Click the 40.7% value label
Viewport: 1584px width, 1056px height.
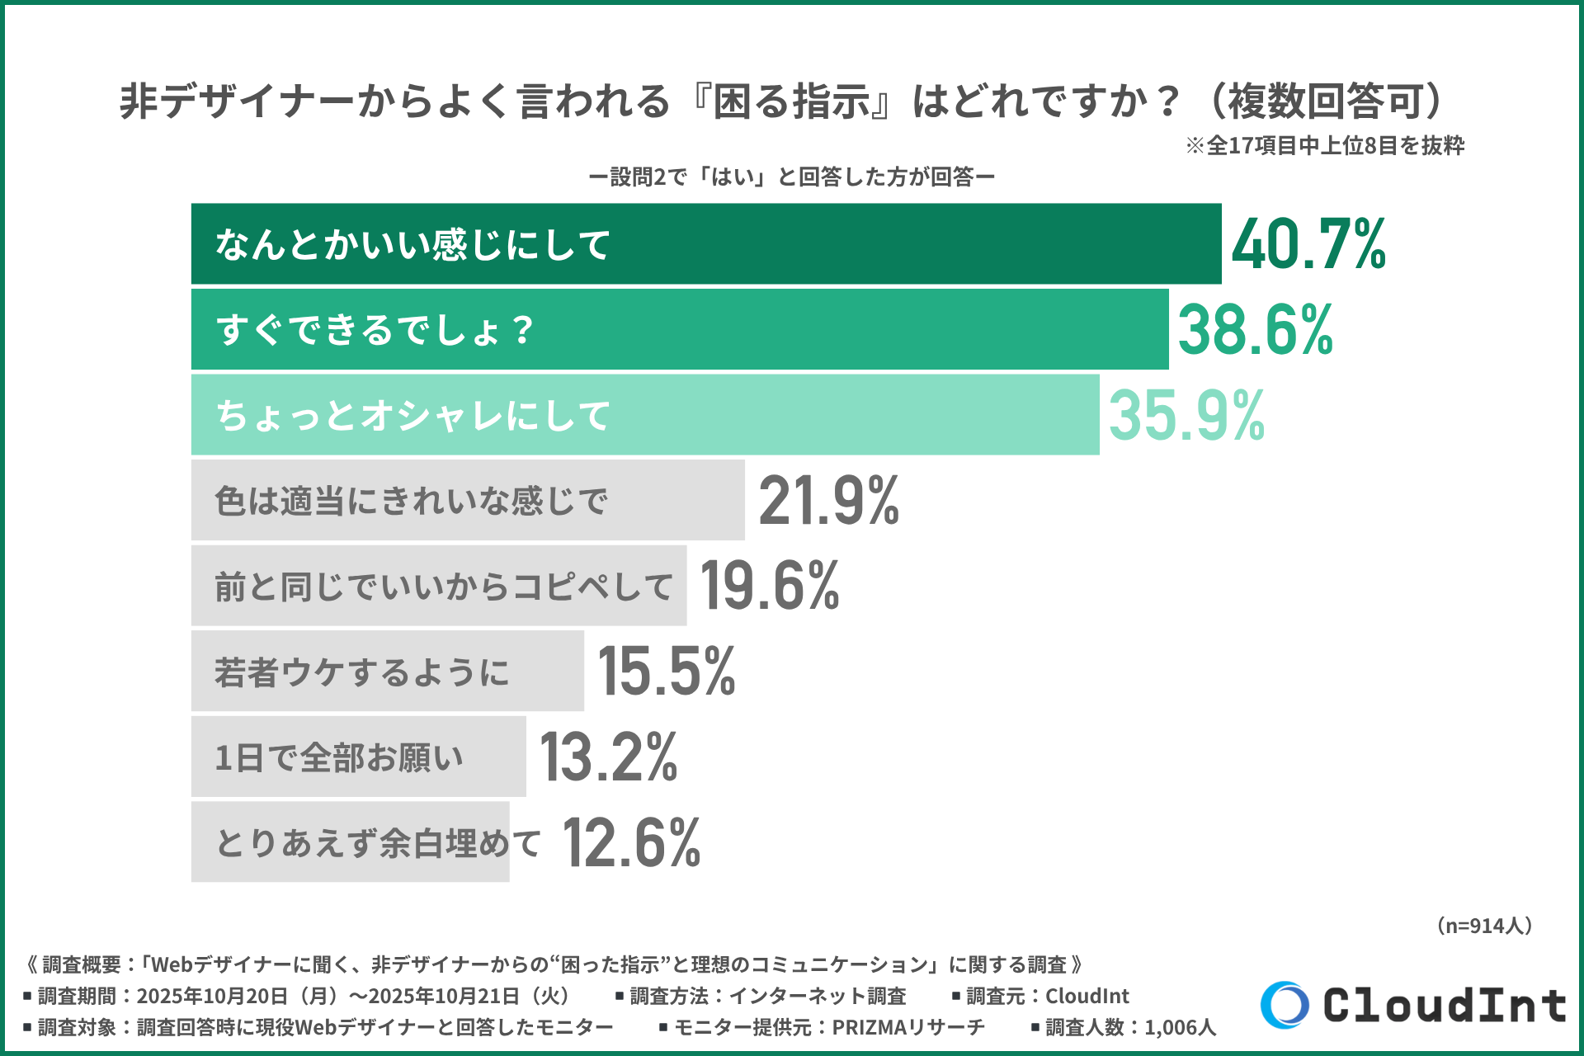pos(1308,244)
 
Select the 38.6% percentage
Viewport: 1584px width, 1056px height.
pos(1255,330)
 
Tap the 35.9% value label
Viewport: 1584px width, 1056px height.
pos(1186,415)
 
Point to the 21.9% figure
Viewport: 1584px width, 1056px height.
pos(828,501)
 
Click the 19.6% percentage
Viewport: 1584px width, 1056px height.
pos(770,586)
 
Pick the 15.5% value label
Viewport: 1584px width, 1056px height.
pos(667,672)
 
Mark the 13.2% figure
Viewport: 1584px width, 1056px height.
pos(609,757)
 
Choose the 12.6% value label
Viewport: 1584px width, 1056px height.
pos(632,842)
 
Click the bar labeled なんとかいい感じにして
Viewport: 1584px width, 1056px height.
pos(705,244)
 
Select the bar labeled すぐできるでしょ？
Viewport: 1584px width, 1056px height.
pos(679,330)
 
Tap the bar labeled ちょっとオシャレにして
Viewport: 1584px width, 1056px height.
pos(644,415)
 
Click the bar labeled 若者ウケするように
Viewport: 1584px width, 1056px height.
pos(387,672)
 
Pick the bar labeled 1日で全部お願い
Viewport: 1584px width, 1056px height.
pos(358,757)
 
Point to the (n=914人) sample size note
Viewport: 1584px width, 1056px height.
pos(1483,926)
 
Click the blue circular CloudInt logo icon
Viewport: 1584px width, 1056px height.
pos(1285,1005)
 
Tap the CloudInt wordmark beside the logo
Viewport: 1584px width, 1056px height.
pos(1445,1006)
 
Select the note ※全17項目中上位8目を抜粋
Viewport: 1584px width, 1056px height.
pos(1325,146)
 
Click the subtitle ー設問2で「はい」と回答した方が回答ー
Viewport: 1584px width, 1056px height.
pos(791,177)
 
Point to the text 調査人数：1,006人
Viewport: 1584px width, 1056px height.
pos(1129,1028)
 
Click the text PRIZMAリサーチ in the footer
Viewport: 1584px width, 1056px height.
pos(907,1028)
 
